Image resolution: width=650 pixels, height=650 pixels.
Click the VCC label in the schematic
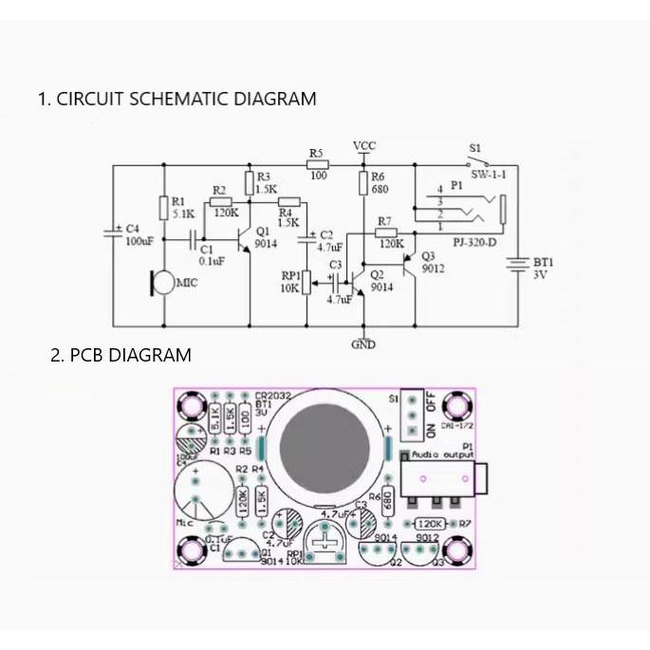pos(364,145)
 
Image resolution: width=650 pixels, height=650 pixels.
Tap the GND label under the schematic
pos(363,344)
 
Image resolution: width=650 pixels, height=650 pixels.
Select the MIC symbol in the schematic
pos(162,282)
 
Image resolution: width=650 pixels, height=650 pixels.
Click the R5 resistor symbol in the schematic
pos(318,165)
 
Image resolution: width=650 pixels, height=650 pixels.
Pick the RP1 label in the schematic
pos(290,275)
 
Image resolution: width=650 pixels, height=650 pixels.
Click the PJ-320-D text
pos(473,243)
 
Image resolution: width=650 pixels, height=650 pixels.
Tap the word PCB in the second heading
pos(87,356)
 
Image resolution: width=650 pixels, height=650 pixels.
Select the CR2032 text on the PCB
pos(273,395)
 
